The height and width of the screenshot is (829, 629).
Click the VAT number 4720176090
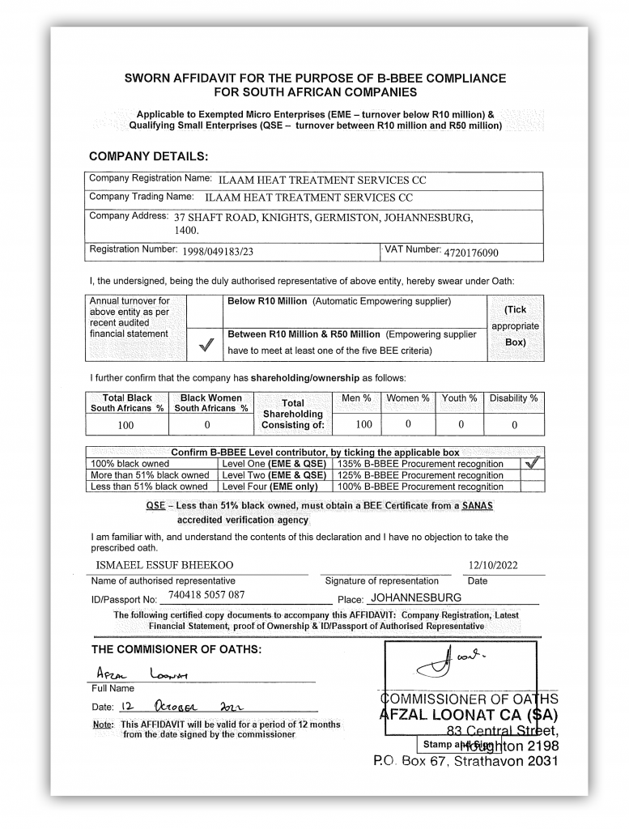471,253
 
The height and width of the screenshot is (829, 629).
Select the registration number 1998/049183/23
218,252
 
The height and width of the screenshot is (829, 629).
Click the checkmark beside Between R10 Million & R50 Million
204,346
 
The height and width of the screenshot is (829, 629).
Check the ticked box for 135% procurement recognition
532,464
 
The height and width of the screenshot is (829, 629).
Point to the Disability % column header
514,398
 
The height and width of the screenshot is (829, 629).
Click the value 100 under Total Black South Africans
125,424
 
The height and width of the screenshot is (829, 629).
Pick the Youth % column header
459,398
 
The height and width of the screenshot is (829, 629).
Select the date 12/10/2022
493,565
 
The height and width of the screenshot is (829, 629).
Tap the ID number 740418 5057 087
206,595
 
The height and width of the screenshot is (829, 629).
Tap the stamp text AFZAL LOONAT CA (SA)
468,715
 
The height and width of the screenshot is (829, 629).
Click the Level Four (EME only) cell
270,487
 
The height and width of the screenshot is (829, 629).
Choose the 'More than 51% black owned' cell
150,475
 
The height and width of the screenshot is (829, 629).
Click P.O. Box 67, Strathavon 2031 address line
465,762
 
